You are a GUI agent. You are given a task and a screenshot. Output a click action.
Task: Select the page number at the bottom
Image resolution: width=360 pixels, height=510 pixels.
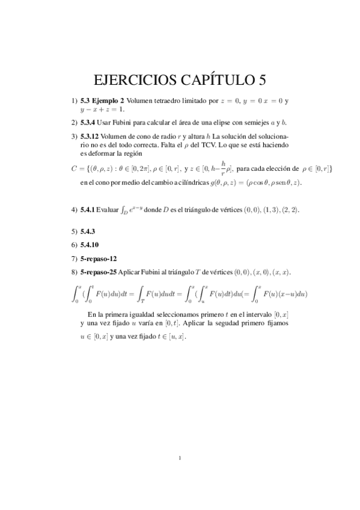point(180,459)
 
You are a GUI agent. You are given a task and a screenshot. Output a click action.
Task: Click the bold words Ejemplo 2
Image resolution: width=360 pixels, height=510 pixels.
point(109,100)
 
